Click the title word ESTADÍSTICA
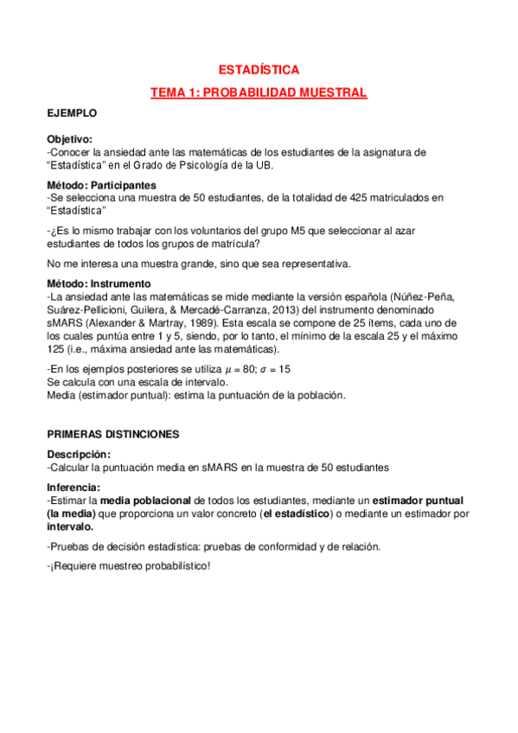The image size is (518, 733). [x=259, y=69]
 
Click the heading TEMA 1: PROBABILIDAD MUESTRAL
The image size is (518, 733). [x=259, y=92]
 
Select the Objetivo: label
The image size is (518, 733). [x=69, y=139]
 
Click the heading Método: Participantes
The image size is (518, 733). [x=102, y=185]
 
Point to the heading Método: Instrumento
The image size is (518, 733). [x=99, y=284]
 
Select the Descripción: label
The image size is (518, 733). [x=79, y=455]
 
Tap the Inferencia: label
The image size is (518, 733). [x=74, y=487]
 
